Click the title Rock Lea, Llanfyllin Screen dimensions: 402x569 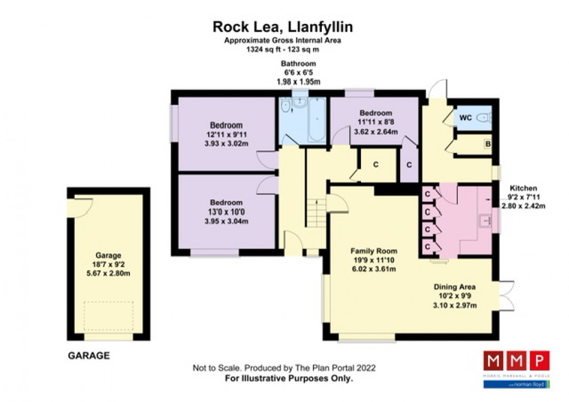point(283,27)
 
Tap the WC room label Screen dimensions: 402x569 point(465,118)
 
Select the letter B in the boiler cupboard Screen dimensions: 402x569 point(487,145)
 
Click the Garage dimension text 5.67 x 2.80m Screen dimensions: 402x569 point(108,274)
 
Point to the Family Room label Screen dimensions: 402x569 point(373,251)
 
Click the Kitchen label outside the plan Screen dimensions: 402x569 point(523,189)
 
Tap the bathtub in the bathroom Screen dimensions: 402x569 point(315,119)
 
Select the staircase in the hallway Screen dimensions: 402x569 point(316,213)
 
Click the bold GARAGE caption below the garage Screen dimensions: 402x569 point(89,355)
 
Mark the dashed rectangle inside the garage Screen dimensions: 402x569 point(108,317)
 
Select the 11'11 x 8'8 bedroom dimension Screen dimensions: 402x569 point(375,123)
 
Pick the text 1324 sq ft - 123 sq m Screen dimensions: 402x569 point(283,49)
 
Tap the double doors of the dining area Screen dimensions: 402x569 point(505,295)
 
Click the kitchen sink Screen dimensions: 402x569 point(486,222)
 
